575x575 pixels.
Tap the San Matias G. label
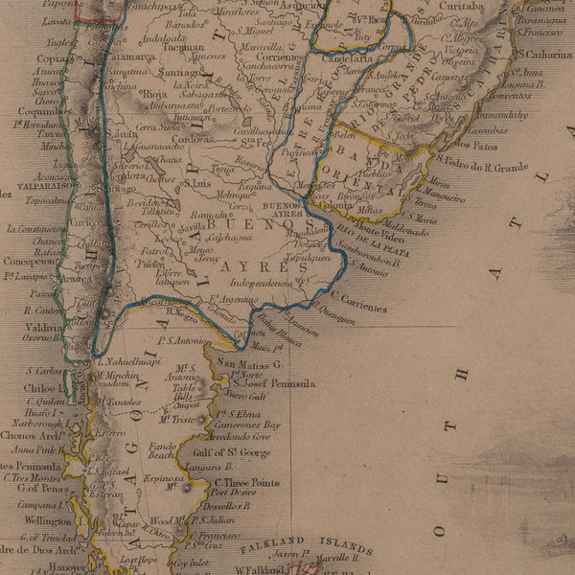pos(248,364)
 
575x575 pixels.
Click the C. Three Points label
pos(246,483)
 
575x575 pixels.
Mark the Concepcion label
pos(30,260)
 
